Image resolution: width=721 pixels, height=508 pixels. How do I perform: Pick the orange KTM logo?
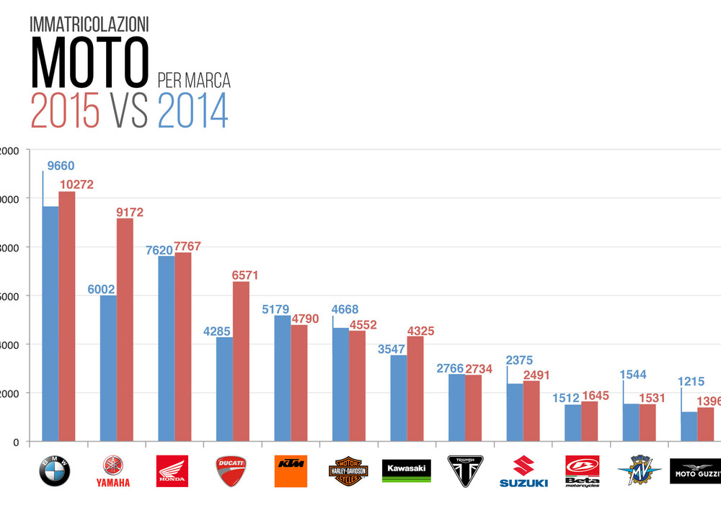(x=291, y=471)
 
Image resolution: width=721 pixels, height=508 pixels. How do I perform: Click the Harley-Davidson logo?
(x=348, y=471)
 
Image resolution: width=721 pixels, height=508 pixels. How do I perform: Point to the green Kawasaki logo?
(x=407, y=471)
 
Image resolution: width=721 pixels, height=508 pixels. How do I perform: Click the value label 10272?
(x=76, y=184)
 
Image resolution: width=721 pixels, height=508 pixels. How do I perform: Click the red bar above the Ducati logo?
(x=241, y=361)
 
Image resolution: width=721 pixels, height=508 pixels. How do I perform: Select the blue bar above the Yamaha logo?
(x=108, y=368)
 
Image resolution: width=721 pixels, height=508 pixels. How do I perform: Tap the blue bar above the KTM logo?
(x=282, y=378)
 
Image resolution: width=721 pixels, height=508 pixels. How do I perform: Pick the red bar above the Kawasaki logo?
(x=415, y=388)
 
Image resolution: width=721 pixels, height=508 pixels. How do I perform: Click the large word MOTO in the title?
(x=89, y=62)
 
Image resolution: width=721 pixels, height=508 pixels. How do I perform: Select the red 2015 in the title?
(x=65, y=110)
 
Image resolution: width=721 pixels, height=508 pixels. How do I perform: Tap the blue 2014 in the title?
(x=193, y=110)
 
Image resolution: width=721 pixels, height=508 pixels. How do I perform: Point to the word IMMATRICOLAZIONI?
(x=89, y=24)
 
